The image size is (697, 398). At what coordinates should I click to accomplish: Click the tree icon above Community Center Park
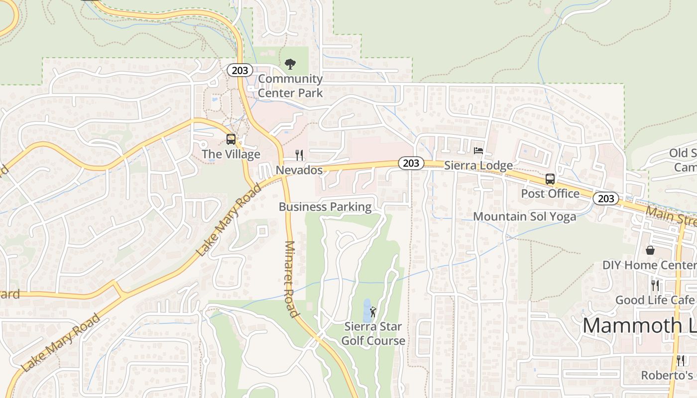(x=290, y=64)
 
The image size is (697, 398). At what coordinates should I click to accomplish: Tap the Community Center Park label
(x=290, y=86)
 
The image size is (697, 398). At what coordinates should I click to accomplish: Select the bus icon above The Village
(x=231, y=139)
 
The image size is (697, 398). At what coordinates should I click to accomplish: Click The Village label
(x=231, y=154)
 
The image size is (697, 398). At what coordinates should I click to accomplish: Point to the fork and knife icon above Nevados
(x=299, y=155)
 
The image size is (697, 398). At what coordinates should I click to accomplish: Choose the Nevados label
(x=299, y=170)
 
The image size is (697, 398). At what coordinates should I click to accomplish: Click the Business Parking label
(x=325, y=207)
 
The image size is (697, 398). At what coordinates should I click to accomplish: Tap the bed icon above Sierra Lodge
(x=478, y=150)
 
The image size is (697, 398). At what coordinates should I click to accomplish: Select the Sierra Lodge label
(x=478, y=165)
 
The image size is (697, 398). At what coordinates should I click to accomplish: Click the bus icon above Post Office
(x=550, y=179)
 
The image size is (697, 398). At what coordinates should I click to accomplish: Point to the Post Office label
(x=550, y=194)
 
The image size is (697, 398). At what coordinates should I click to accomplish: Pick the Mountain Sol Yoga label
(x=525, y=216)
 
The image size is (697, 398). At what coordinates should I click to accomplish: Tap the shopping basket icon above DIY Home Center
(x=650, y=250)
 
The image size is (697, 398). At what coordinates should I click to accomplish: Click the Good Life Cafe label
(x=655, y=300)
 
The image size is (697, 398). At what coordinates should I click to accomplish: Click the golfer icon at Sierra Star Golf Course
(x=373, y=312)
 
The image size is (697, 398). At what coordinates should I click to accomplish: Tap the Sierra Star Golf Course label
(x=373, y=334)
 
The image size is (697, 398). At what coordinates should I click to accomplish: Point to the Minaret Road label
(x=291, y=279)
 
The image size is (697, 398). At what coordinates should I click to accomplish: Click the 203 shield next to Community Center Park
(x=240, y=70)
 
